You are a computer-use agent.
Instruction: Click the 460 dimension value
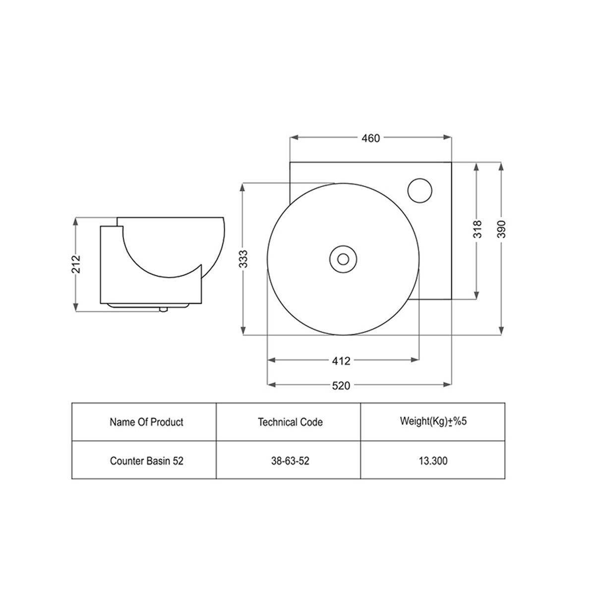(370, 138)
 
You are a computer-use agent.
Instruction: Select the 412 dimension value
(341, 360)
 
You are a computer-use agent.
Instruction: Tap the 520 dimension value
(341, 386)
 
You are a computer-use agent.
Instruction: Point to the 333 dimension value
(243, 259)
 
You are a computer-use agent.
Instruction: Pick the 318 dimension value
(477, 229)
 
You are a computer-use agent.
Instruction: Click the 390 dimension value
(502, 229)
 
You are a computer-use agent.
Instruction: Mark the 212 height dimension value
(76, 264)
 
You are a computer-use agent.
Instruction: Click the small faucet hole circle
(419, 190)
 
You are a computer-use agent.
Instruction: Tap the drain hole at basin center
(343, 259)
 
